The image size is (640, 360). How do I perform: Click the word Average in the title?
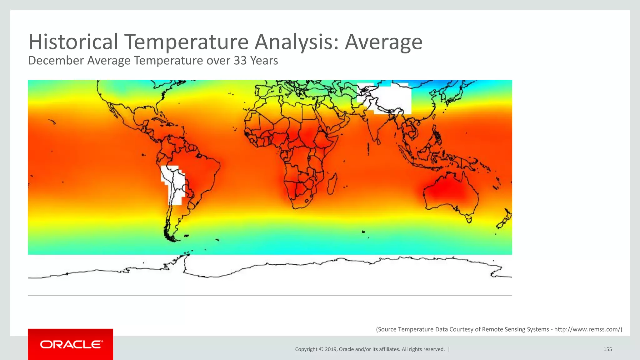coord(383,42)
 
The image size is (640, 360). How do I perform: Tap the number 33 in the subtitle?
coord(240,61)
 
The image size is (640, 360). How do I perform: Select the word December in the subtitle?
coord(56,61)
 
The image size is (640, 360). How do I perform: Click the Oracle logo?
coord(71,344)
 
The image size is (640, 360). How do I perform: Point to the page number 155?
coord(607,349)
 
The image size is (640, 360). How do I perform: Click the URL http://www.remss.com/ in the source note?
coord(587,329)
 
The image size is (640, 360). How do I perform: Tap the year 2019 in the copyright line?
coord(330,349)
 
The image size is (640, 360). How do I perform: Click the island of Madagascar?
coord(332,184)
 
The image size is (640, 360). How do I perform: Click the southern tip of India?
coord(378,142)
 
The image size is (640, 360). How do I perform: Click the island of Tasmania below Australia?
coord(469,219)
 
